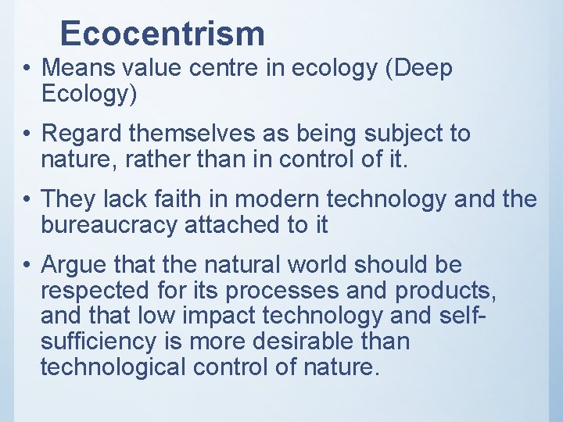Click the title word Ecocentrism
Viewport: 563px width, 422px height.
163,34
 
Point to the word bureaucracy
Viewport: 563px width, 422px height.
109,226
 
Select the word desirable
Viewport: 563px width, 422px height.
305,342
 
